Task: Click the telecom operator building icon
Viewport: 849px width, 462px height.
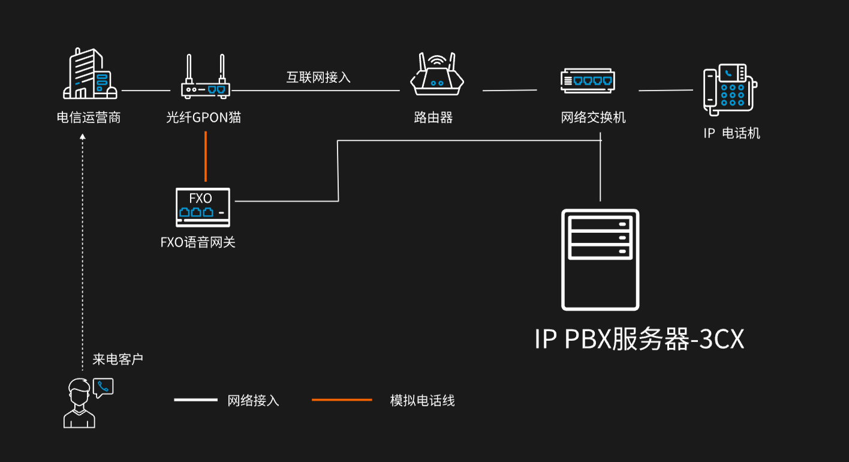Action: point(90,74)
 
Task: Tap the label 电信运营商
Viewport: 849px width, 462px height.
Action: point(89,118)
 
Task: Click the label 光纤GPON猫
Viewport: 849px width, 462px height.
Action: point(204,118)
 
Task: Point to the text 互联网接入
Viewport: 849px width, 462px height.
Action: point(318,77)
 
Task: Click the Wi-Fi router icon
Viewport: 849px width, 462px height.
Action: point(437,74)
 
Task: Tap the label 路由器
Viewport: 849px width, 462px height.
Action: point(433,118)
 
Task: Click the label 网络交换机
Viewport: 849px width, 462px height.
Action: point(594,118)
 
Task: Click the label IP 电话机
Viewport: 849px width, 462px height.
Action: point(731,133)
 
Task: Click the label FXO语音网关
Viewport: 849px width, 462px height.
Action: point(198,242)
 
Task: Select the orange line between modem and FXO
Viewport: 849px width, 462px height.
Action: point(206,156)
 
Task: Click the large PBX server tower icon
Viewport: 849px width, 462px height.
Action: point(600,259)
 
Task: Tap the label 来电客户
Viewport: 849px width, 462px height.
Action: point(118,359)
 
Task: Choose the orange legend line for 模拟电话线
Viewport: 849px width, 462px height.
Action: point(342,400)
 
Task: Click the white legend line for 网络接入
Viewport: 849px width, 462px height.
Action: point(196,400)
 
